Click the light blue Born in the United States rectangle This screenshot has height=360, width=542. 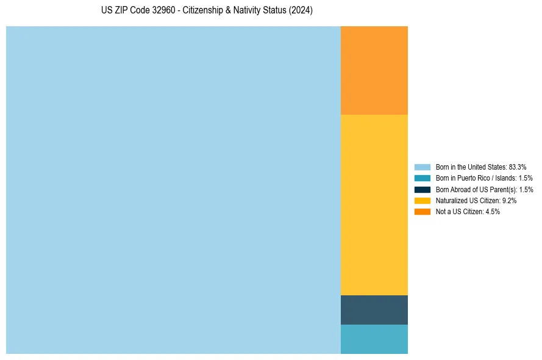pyautogui.click(x=173, y=190)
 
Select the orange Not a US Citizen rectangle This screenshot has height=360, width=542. pyautogui.click(x=374, y=70)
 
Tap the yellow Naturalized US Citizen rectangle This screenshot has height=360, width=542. pyautogui.click(x=374, y=204)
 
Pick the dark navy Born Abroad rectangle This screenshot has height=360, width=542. pyautogui.click(x=374, y=309)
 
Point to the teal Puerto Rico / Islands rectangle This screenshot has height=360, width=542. pyautogui.click(x=374, y=339)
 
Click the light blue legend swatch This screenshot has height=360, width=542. pyautogui.click(x=423, y=167)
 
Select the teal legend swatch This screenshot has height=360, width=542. pyautogui.click(x=423, y=178)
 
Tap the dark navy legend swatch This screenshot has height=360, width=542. pyautogui.click(x=423, y=189)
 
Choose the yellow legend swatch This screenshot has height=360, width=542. pyautogui.click(x=423, y=200)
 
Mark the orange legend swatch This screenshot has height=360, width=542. pyautogui.click(x=423, y=211)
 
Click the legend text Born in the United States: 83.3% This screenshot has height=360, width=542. pyautogui.click(x=481, y=167)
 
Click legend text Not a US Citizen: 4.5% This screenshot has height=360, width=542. pyautogui.click(x=468, y=211)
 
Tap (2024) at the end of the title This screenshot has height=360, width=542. pyautogui.click(x=301, y=11)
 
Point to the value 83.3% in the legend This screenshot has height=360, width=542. pyautogui.click(x=517, y=167)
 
